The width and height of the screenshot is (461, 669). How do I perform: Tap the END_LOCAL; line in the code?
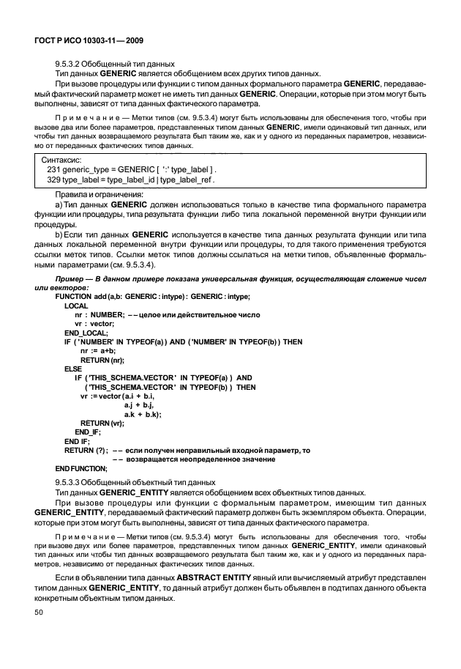click(86, 332)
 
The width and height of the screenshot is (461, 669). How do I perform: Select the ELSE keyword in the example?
click(73, 369)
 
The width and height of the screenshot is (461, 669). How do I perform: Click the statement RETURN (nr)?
click(102, 360)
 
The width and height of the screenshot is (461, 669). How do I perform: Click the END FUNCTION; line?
click(81, 468)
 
